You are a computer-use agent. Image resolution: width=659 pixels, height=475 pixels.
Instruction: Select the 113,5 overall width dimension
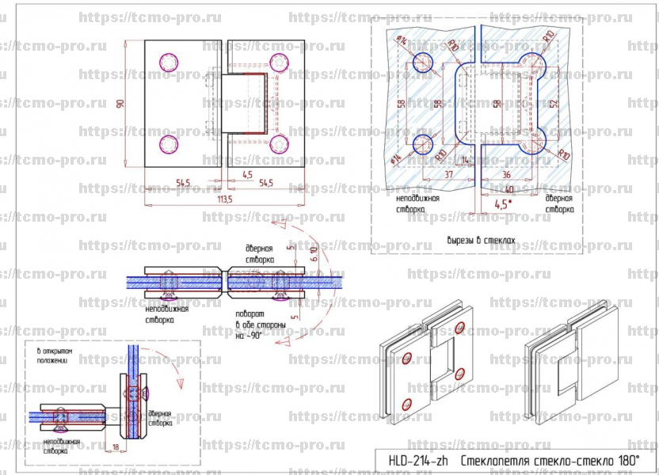224,200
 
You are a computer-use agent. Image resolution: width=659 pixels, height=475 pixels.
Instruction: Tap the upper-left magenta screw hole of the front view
169,62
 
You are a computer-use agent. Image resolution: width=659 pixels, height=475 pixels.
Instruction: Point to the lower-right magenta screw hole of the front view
279,143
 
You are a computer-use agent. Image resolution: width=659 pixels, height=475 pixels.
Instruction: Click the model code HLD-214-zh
418,460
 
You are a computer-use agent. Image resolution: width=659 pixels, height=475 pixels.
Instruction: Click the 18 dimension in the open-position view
116,448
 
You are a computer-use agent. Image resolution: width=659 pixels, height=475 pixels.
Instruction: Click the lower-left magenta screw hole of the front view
169,143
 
